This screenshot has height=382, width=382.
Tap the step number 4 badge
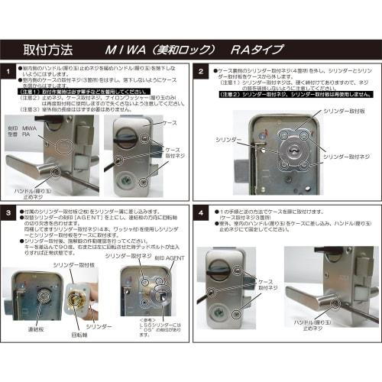199,209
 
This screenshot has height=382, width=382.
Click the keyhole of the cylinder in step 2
294,150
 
